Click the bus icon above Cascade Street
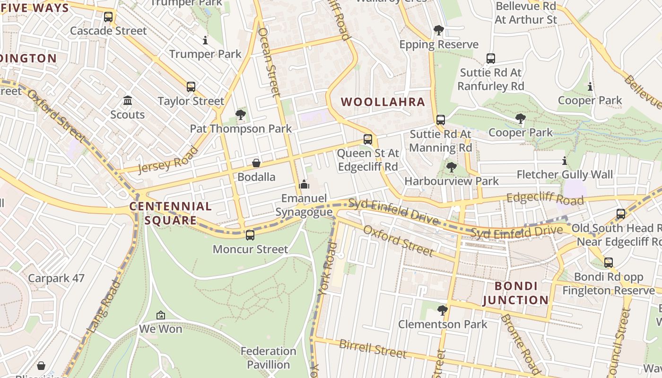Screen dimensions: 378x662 pyautogui.click(x=108, y=17)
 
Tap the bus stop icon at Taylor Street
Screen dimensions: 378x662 pyautogui.click(x=191, y=87)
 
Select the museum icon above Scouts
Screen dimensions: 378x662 pyautogui.click(x=128, y=101)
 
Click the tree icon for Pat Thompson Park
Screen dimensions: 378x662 pyautogui.click(x=241, y=114)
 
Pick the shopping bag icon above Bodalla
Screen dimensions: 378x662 pyautogui.click(x=256, y=163)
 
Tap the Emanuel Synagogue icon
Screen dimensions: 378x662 pyautogui.click(x=304, y=184)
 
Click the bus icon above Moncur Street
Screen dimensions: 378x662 pyautogui.click(x=250, y=235)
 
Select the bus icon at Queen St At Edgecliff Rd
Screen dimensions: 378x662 pyautogui.click(x=368, y=139)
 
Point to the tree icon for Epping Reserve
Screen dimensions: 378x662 pyautogui.click(x=439, y=31)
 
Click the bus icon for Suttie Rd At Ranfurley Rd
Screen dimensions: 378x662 pyautogui.click(x=491, y=59)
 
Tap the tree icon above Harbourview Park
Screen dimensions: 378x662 pyautogui.click(x=452, y=167)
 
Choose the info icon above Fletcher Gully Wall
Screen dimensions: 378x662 pyautogui.click(x=564, y=161)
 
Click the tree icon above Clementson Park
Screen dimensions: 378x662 pyautogui.click(x=443, y=310)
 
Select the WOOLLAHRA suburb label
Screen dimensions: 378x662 pyautogui.click(x=383, y=102)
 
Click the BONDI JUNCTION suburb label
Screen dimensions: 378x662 pyautogui.click(x=515, y=293)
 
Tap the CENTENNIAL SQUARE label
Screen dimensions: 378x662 pyautogui.click(x=170, y=213)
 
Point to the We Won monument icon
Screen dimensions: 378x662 pyautogui.click(x=161, y=315)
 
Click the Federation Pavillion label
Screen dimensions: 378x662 pyautogui.click(x=268, y=358)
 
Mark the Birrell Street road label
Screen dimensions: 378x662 pyautogui.click(x=373, y=349)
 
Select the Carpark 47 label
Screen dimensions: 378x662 pyautogui.click(x=56, y=278)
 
